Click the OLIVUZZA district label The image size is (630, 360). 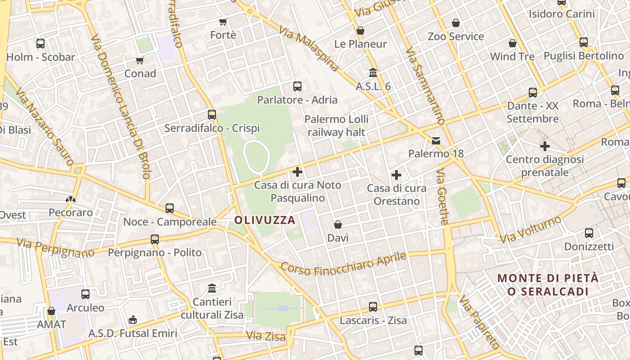265,220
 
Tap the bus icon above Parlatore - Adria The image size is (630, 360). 297,86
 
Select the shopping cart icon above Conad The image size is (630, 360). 140,60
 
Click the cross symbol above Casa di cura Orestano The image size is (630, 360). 396,175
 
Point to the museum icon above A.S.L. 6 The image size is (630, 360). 373,72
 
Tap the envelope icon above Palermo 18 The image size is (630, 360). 436,141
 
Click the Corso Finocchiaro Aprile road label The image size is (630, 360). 343,264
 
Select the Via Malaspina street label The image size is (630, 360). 308,49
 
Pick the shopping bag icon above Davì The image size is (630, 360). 338,225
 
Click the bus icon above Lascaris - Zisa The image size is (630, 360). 373,307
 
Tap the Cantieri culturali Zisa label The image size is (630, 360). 212,308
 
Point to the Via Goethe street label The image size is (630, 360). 443,197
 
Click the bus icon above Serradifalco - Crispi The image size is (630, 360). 212,115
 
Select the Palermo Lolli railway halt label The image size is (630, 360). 336,126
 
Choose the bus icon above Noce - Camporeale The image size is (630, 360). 170,208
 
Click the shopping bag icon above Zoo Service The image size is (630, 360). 456,23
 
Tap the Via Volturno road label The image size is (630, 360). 531,229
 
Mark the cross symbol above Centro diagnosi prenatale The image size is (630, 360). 545,146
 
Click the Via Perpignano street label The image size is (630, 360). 55,248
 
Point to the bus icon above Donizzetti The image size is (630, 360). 589,233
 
